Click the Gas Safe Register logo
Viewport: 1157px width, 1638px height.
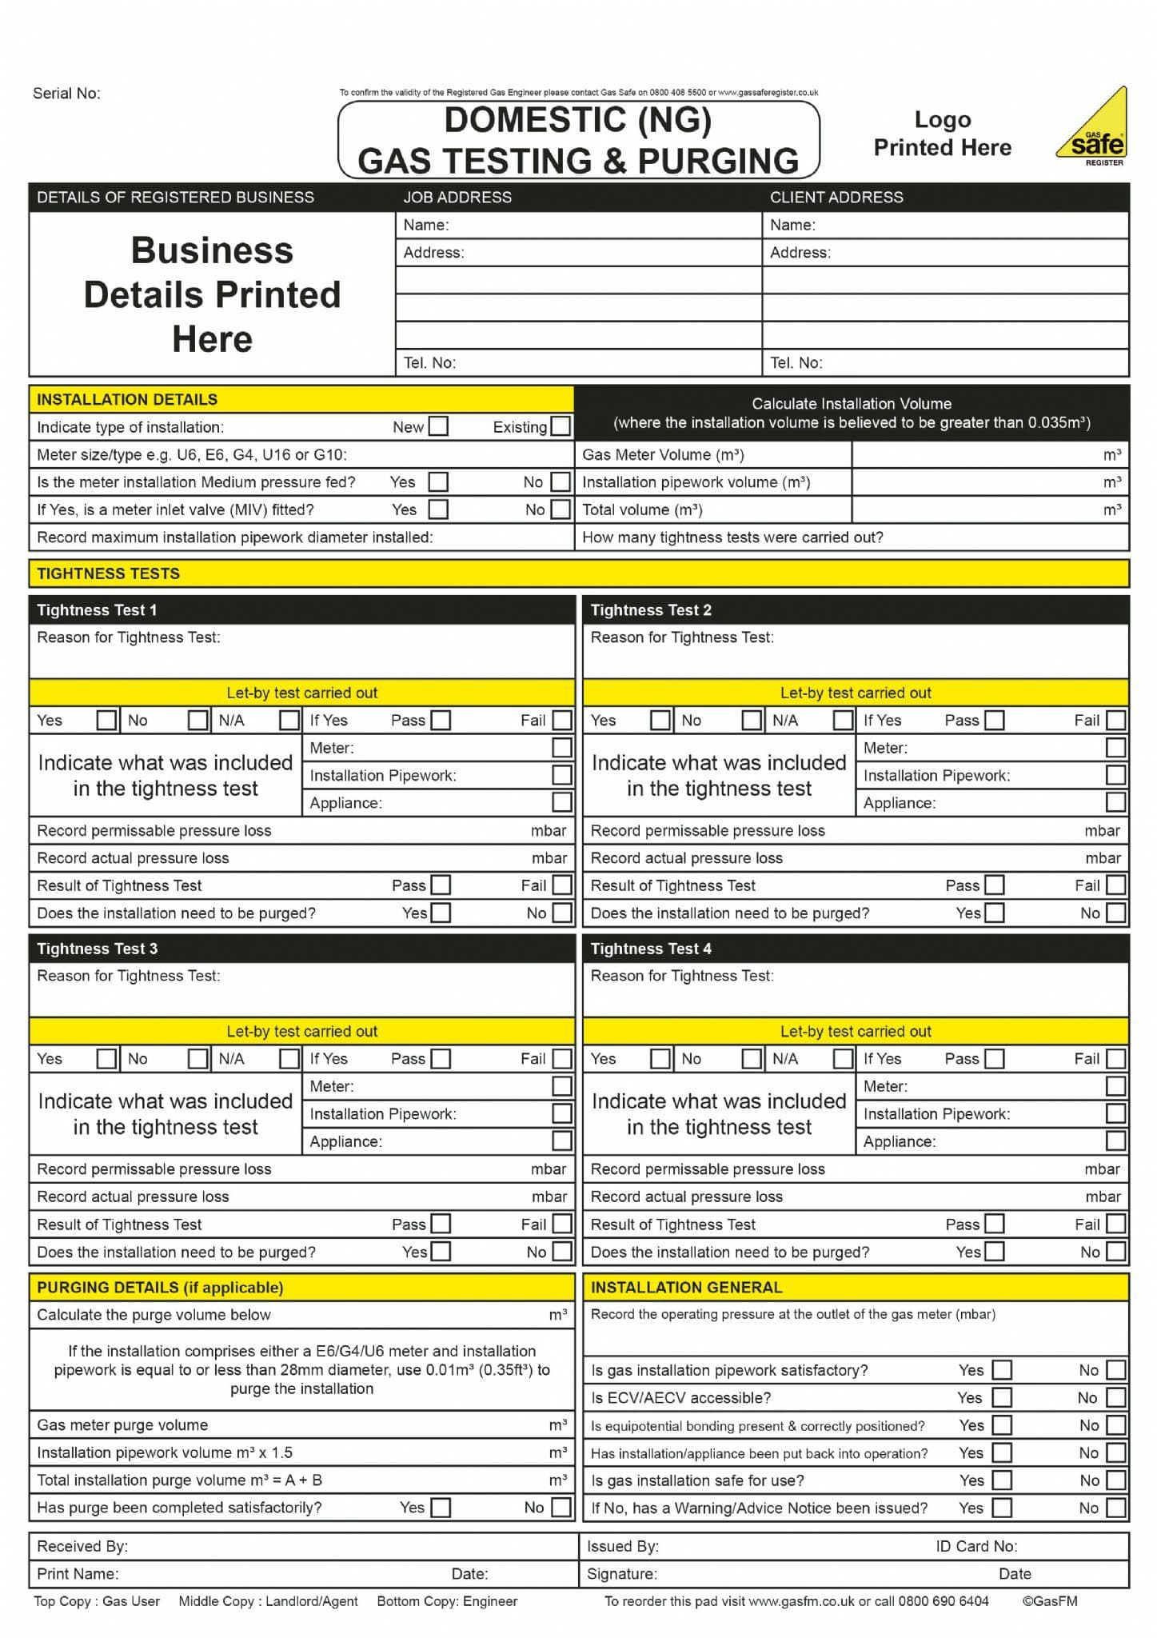[1092, 128]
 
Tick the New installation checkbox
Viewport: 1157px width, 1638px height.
[438, 426]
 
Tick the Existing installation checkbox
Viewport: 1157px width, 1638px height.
[561, 426]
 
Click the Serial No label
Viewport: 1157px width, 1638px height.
[66, 94]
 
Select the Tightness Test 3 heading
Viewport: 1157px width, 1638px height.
[98, 949]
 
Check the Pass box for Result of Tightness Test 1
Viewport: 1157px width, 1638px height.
[441, 885]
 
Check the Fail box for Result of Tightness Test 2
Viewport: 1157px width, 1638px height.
[1115, 885]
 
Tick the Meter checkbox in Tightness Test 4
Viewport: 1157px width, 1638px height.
[1115, 1086]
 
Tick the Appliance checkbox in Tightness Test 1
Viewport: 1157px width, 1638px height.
[562, 802]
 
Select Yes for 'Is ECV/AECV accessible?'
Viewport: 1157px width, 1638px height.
[1002, 1397]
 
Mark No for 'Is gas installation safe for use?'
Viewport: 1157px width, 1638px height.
[1115, 1480]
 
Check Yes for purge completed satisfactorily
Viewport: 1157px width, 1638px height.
[441, 1508]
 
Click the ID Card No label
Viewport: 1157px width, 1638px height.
[976, 1546]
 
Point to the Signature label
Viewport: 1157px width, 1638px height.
[621, 1573]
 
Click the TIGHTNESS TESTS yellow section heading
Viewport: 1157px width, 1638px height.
[108, 573]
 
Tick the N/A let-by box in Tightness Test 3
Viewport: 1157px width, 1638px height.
[289, 1059]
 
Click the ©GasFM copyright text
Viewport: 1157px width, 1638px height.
[1049, 1600]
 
